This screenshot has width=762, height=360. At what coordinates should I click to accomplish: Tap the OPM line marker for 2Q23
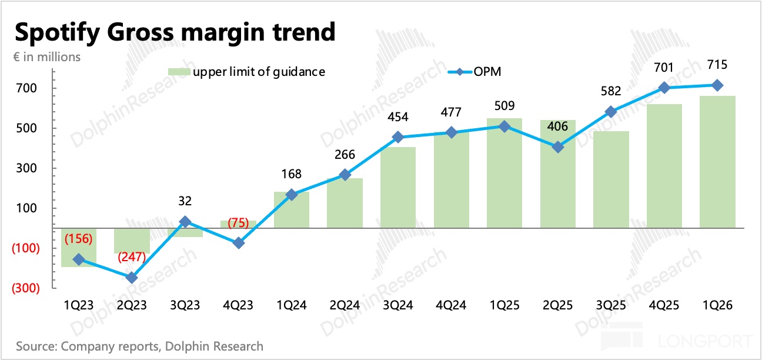tap(132, 278)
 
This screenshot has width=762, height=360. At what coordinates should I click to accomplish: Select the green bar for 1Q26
tap(717, 162)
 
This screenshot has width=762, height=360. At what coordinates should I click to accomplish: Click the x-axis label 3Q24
tap(398, 305)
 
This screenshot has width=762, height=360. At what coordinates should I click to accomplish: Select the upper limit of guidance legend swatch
tap(179, 72)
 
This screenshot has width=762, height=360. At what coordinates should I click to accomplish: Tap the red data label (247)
tap(134, 257)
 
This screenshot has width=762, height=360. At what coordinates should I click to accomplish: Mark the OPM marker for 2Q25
tap(558, 147)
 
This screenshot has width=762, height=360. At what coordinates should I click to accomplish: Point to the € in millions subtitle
tap(48, 57)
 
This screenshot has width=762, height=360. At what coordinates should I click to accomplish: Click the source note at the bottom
tap(140, 346)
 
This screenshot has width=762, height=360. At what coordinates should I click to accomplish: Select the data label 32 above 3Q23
tap(185, 201)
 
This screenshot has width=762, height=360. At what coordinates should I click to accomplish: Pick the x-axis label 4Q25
tap(664, 305)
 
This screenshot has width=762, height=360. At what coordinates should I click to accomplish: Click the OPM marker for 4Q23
tap(238, 243)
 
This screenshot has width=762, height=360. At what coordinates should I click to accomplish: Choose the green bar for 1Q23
tap(79, 248)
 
